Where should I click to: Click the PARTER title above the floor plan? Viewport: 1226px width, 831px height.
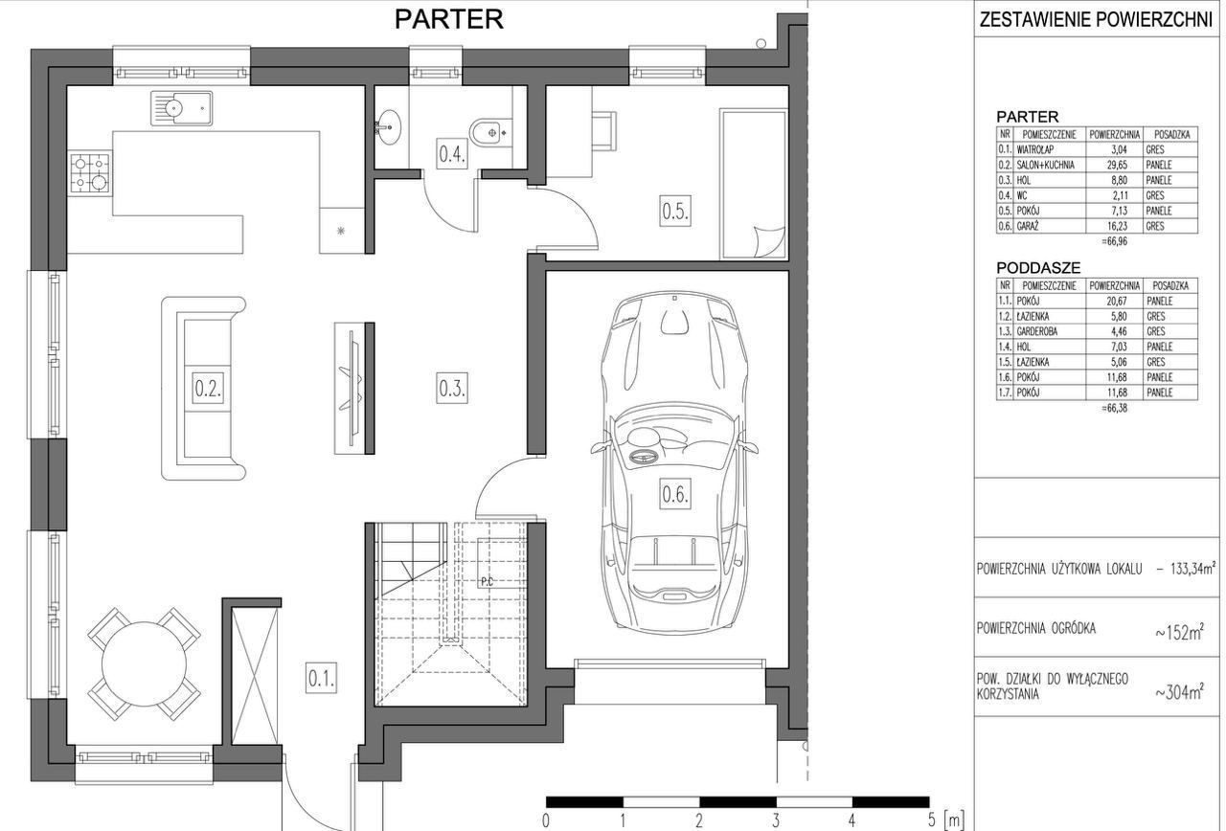(449, 19)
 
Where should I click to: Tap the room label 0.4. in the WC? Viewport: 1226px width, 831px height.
(452, 154)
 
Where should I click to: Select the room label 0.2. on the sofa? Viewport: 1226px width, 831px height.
(208, 388)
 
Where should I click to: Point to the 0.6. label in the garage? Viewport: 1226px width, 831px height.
(675, 495)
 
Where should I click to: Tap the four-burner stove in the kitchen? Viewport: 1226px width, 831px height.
(90, 174)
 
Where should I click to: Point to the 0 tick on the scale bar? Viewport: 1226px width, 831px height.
(546, 821)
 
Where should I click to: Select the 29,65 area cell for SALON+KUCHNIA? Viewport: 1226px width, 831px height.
(1112, 165)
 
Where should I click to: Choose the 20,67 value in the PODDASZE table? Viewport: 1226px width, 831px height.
(1112, 301)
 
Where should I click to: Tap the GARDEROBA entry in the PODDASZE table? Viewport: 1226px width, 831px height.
(1037, 331)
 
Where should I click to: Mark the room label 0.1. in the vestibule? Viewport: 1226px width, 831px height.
(321, 679)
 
